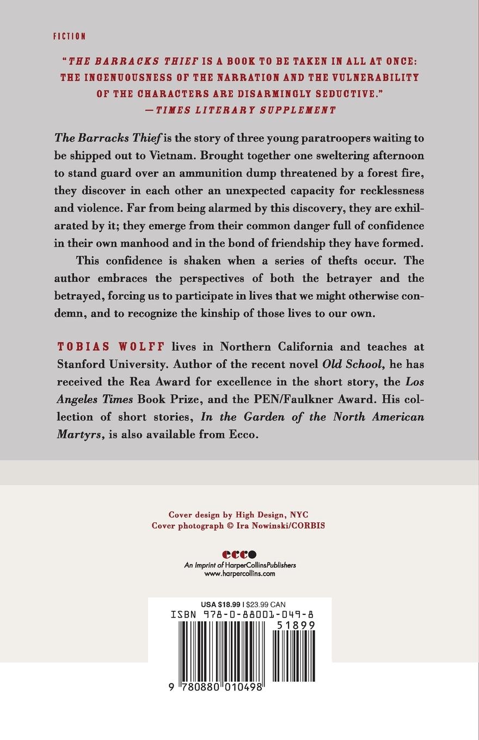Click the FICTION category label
tap(70, 36)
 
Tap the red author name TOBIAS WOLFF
tap(112, 347)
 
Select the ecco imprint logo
tap(239, 554)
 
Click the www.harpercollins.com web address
tap(239, 573)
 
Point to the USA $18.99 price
tap(220, 605)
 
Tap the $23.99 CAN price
tap(266, 605)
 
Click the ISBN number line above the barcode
tap(242, 614)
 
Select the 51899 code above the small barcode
tap(296, 625)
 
